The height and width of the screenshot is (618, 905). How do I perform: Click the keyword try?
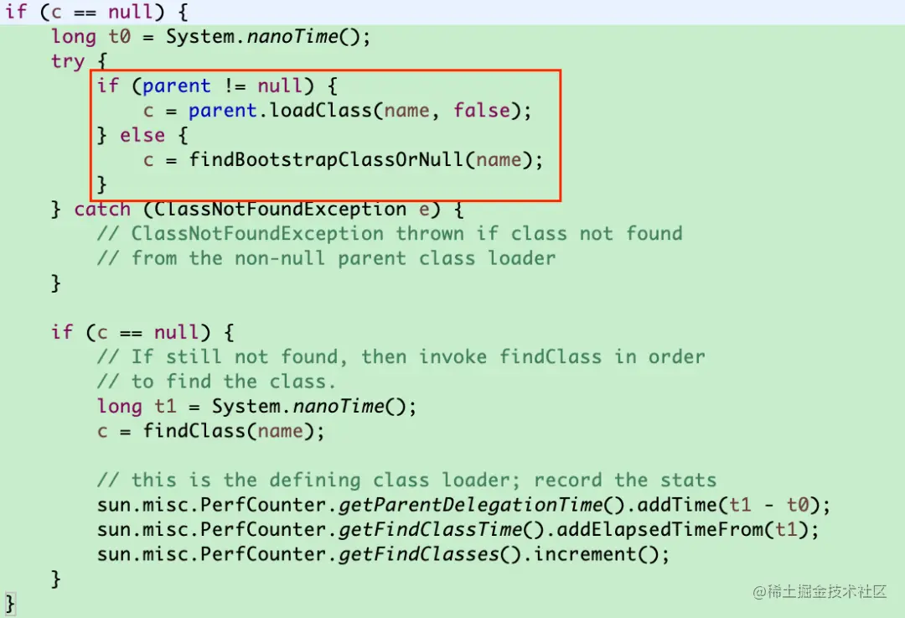point(67,61)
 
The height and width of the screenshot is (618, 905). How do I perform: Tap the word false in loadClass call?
point(482,110)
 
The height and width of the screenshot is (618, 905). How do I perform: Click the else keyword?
point(142,135)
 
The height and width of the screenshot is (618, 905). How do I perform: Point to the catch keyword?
point(102,209)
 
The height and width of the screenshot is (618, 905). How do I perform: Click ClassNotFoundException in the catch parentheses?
point(281,209)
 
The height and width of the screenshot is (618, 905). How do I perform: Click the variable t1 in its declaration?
point(165,407)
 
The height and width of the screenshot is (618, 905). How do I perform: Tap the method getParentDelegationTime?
point(471,505)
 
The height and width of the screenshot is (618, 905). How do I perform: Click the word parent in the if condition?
point(176,86)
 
